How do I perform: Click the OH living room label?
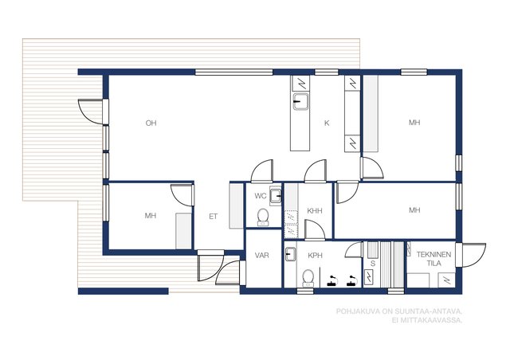click(x=151, y=123)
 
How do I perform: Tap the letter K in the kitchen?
click(x=327, y=123)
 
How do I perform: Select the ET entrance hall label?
click(x=213, y=217)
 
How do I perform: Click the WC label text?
click(x=261, y=196)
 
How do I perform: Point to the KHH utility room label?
click(x=315, y=211)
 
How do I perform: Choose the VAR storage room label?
click(x=262, y=256)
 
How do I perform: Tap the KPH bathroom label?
click(x=315, y=256)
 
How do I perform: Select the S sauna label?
click(x=373, y=264)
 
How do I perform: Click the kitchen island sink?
click(x=300, y=102)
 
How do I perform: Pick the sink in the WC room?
click(x=276, y=195)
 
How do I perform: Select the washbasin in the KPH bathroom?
click(x=290, y=254)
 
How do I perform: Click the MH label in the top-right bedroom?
click(x=414, y=123)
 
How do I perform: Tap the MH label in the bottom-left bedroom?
click(x=151, y=216)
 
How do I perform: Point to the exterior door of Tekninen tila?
click(x=471, y=256)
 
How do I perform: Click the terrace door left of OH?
click(x=93, y=112)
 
